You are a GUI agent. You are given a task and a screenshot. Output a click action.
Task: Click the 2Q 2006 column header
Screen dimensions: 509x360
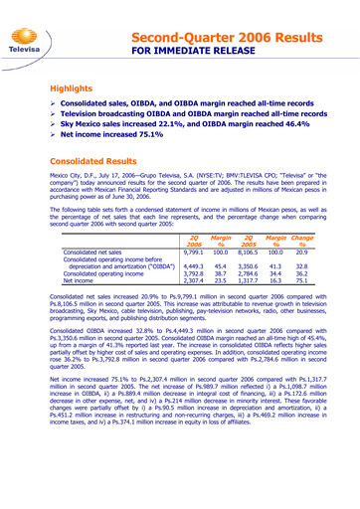tap(194, 242)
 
